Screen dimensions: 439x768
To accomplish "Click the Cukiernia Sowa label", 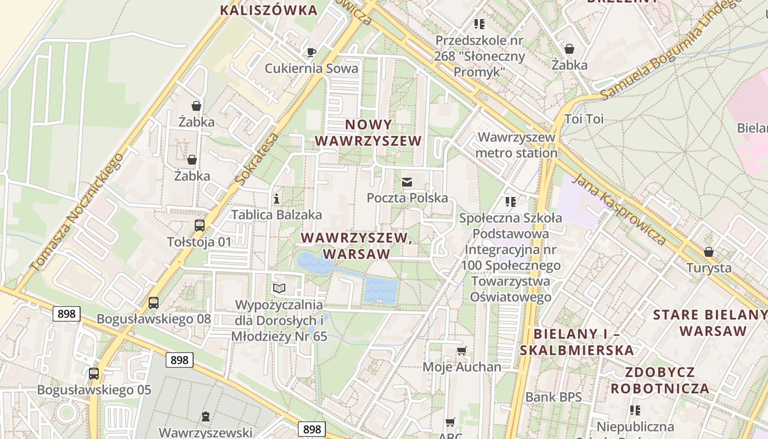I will (x=311, y=68).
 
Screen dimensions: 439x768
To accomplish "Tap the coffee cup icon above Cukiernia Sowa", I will (x=311, y=53).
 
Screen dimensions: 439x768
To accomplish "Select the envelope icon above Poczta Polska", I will (x=407, y=182).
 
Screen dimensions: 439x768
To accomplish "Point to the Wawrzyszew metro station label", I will (x=516, y=145).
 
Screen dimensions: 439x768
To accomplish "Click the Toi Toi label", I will (x=584, y=119).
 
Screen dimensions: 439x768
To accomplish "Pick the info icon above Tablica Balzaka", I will (x=276, y=199).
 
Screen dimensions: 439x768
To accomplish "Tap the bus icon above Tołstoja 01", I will (x=200, y=226).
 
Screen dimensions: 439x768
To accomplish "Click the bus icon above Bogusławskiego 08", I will (x=154, y=303).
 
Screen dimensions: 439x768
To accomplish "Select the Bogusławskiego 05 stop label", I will (x=94, y=390).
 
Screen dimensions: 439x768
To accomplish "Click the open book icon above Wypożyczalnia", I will (x=279, y=288).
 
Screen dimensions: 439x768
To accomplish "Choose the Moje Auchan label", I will (x=462, y=367).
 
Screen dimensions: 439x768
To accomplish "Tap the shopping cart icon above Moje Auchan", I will (x=462, y=351).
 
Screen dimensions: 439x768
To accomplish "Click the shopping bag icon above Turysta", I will (x=709, y=252).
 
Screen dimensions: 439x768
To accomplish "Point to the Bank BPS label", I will (x=554, y=397).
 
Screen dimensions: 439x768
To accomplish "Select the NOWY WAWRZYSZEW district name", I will (x=369, y=133).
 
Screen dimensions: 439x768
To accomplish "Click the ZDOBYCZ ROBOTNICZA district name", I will (x=660, y=380).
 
